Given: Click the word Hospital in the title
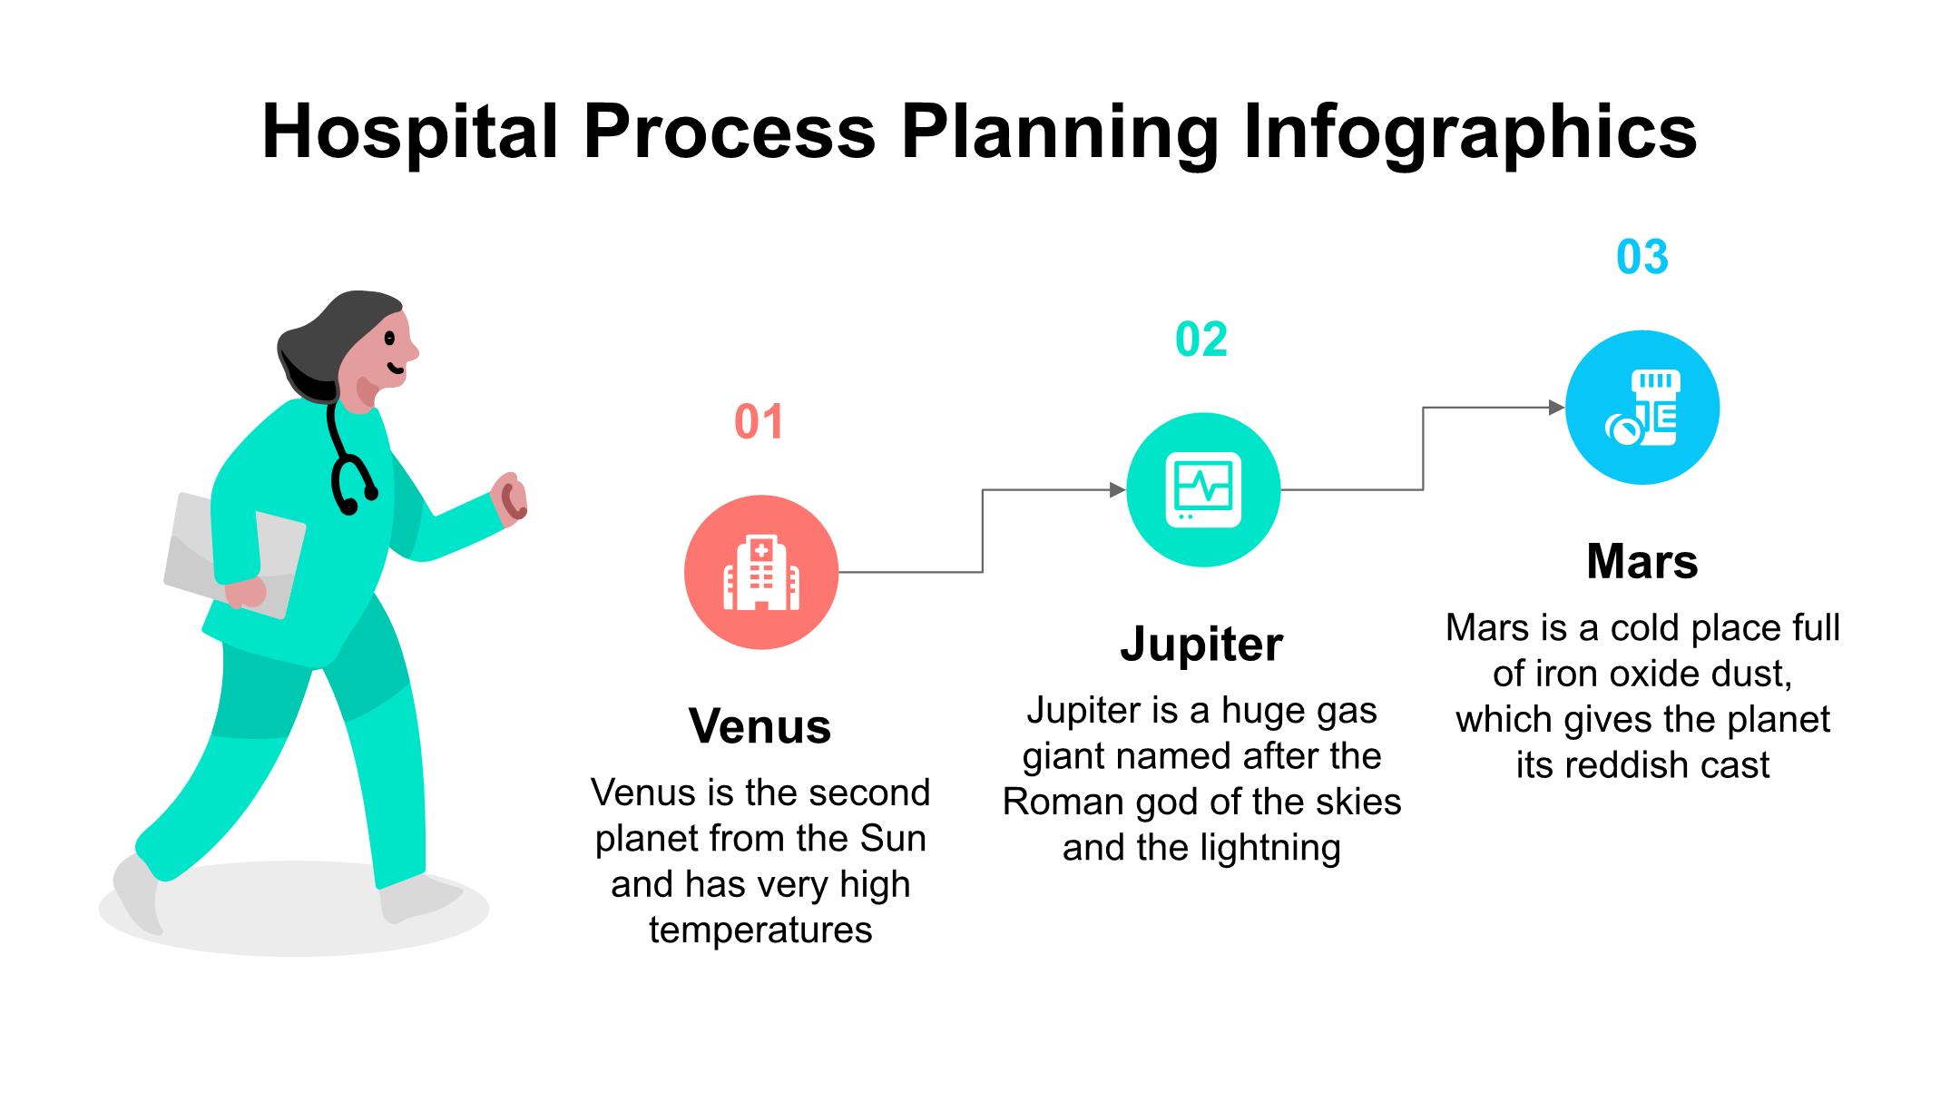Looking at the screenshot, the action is pos(409,132).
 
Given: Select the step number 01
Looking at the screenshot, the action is pos(759,422).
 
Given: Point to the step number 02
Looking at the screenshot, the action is pos(1201,340).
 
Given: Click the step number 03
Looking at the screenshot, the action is pos(1642,257).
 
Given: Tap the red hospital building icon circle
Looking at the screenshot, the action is pos(761,572).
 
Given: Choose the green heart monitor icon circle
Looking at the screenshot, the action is pos(1203,490).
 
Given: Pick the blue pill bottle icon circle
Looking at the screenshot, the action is pos(1642,408).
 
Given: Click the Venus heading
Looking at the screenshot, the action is pos(760,726).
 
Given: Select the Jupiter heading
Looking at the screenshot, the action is pos(1201,645).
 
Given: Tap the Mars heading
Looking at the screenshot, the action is pos(1642,561).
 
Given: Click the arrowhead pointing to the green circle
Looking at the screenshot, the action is pos(1118,490).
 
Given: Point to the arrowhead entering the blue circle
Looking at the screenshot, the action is pos(1557,408).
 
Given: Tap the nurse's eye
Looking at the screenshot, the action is pos(389,339).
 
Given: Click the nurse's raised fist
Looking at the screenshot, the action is pos(509,497).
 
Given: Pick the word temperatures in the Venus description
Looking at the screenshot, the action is pos(760,931).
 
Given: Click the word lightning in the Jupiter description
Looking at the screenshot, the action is pos(1270,849).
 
